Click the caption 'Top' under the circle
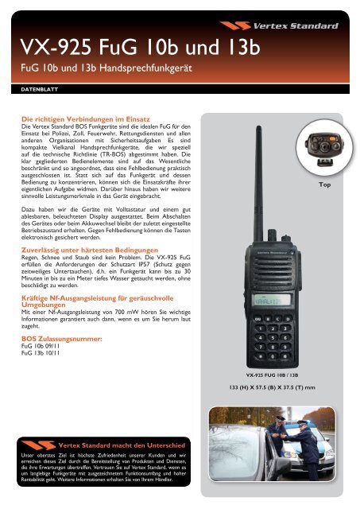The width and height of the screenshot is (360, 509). click(323, 185)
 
